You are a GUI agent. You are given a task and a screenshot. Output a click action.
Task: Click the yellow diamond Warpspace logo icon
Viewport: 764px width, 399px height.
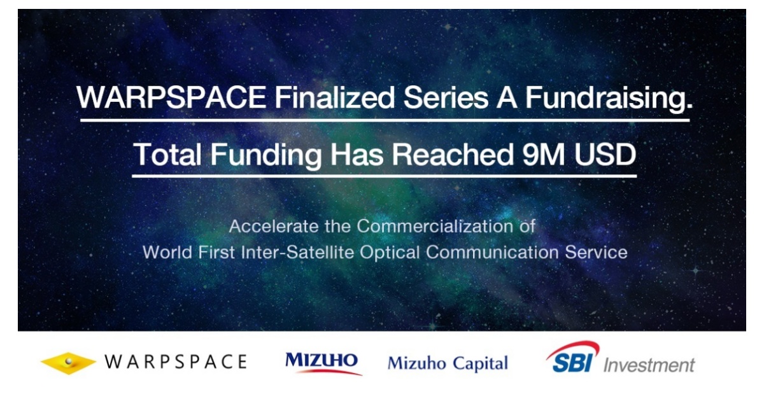point(68,363)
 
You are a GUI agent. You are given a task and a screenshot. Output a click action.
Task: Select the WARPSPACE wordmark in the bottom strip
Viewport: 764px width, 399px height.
point(175,362)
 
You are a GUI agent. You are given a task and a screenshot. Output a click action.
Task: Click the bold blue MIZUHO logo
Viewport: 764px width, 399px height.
point(322,361)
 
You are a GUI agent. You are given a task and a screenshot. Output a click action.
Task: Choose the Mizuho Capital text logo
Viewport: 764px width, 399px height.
point(448,363)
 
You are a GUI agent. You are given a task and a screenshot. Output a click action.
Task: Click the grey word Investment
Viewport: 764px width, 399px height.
point(649,365)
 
